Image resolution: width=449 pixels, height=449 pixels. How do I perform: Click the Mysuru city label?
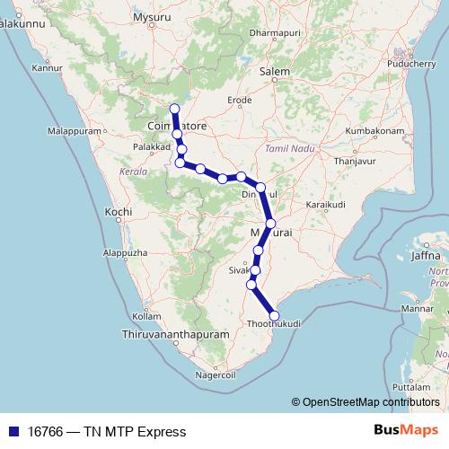pyautogui.click(x=151, y=18)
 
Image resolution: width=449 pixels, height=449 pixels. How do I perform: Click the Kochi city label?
pyautogui.click(x=119, y=212)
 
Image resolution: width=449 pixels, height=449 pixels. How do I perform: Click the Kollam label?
pyautogui.click(x=146, y=316)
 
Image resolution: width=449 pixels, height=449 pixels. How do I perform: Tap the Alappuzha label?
pyautogui.click(x=125, y=254)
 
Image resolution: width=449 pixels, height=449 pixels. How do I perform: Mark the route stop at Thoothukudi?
pyautogui.click(x=274, y=315)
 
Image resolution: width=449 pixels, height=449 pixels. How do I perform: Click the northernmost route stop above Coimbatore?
pyautogui.click(x=174, y=110)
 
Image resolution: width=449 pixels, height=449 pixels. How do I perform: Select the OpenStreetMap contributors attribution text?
pyautogui.click(x=370, y=402)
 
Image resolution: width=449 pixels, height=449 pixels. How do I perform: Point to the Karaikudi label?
pyautogui.click(x=325, y=206)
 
